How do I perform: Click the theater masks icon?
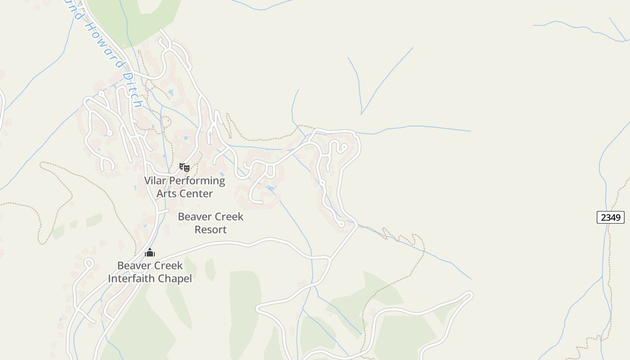184,167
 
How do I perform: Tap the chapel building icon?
150,252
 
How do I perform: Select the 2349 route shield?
610,217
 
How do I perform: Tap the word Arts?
166,194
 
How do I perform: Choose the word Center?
196,194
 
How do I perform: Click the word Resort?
210,229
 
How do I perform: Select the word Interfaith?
132,279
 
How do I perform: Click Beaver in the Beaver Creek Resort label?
194,216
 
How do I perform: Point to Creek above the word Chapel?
168,265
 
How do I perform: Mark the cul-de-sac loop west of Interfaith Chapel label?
88,263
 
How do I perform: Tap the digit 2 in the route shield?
603,217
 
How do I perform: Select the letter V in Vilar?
148,181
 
